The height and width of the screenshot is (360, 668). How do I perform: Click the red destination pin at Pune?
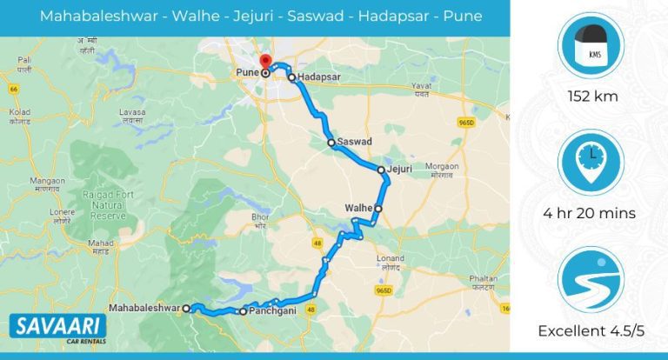click(266, 63)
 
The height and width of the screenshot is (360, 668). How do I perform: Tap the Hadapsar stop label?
click(317, 77)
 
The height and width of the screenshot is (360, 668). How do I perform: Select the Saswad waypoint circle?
click(331, 142)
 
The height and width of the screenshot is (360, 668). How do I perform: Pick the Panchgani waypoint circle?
click(243, 310)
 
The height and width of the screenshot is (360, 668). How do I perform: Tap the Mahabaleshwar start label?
click(144, 308)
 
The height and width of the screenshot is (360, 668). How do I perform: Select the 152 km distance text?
click(591, 97)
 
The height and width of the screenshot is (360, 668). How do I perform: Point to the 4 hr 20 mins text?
click(591, 213)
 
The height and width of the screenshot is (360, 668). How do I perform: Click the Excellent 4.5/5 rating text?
click(591, 331)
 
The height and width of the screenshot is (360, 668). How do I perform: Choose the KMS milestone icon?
click(591, 47)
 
